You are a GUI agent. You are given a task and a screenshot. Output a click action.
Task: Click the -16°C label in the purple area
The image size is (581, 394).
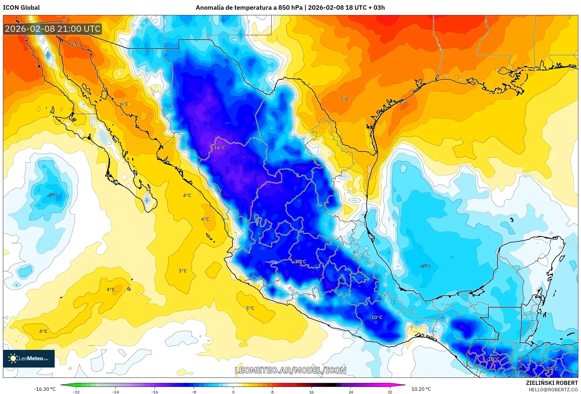219,147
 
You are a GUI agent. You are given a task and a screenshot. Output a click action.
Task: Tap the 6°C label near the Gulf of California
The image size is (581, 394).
124,104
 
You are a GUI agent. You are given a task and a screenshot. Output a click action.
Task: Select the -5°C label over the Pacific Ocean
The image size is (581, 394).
52,195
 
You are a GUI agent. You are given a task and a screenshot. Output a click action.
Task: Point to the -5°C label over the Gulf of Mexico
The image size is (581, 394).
425,266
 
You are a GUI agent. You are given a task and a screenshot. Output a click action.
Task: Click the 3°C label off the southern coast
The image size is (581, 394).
250,308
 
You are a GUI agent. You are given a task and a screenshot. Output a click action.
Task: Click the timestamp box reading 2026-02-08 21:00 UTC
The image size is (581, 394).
53,29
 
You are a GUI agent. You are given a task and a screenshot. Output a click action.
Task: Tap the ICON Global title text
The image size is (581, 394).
21,7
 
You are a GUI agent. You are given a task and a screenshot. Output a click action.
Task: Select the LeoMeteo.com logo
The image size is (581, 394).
29,358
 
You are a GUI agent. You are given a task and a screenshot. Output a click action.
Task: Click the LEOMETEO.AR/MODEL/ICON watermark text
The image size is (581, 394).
290,370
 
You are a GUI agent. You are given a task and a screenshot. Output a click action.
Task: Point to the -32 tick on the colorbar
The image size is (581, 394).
76,392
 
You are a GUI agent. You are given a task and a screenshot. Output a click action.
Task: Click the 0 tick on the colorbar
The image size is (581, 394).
233,392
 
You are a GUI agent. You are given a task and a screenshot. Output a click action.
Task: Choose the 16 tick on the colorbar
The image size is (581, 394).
312,392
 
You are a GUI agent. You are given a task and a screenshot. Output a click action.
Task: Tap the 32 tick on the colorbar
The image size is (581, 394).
390,392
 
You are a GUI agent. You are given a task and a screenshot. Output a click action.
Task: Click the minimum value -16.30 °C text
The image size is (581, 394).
45,389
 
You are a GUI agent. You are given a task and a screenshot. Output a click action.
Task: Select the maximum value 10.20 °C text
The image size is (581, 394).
421,389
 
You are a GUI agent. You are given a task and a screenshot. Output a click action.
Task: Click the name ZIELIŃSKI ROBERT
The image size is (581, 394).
552,383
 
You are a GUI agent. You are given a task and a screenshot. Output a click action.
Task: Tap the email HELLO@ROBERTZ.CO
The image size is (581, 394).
553,390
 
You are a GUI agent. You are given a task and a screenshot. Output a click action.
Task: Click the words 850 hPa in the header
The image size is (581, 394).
290,7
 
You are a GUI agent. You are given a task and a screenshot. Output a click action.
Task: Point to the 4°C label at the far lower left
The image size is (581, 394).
43,331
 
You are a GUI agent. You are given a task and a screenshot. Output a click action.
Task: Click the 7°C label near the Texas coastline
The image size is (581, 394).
403,104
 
